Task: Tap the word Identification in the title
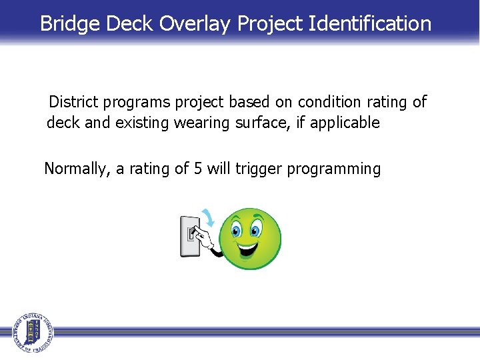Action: pos(370,23)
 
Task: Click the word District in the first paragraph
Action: pos(74,102)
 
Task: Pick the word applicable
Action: pos(347,123)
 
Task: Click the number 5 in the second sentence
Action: pos(198,169)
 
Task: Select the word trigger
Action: pos(259,169)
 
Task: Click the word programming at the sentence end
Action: pos(334,169)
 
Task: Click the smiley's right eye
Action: pos(255,231)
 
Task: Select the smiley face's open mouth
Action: pos(247,251)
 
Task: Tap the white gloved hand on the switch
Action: pos(207,237)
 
